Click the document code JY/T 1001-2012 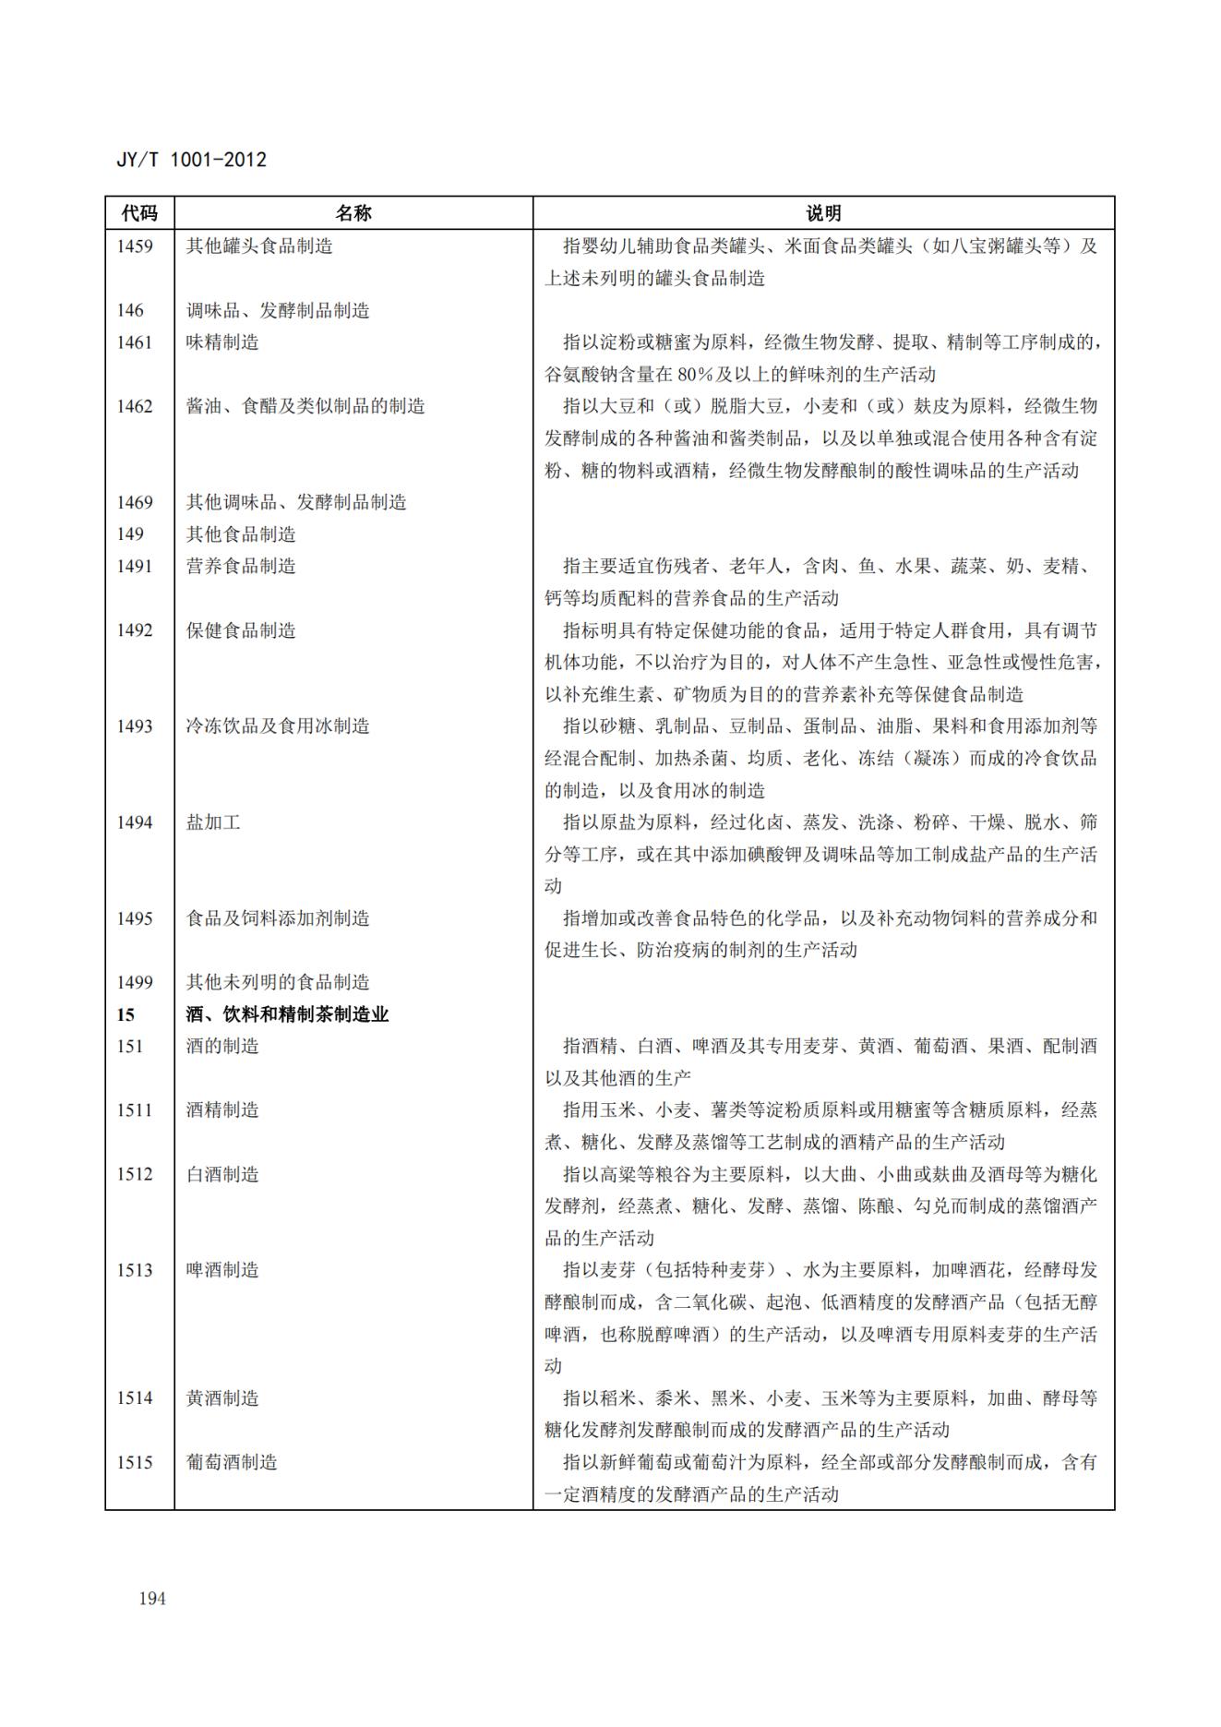(x=191, y=160)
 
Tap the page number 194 (x=152, y=1598)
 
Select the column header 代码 (x=139, y=213)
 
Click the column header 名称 (x=353, y=213)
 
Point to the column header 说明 (x=823, y=213)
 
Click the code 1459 (x=135, y=246)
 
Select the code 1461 (x=135, y=342)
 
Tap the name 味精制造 (x=222, y=342)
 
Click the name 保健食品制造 (x=241, y=630)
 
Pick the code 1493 (x=135, y=726)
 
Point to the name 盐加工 (x=213, y=822)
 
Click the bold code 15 (x=126, y=1014)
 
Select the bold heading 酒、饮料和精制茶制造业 (x=287, y=1014)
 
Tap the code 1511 (x=135, y=1110)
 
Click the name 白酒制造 (x=222, y=1174)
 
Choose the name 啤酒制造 (x=222, y=1270)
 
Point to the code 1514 (x=135, y=1398)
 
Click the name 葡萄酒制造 (x=232, y=1462)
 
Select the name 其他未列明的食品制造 (x=278, y=982)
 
